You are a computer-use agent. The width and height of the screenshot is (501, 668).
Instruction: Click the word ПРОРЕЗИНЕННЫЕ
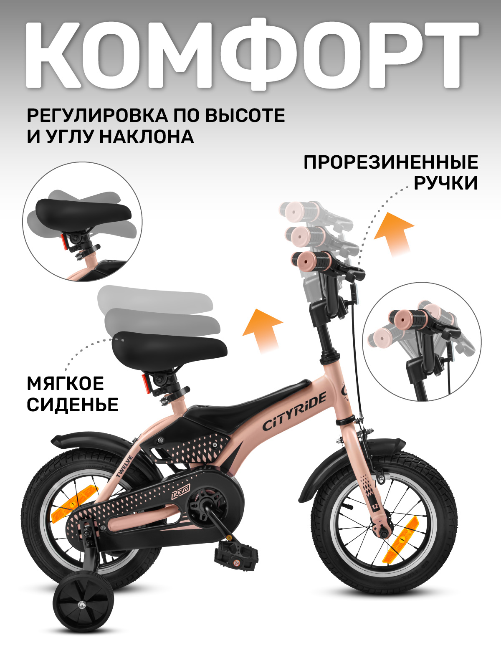click(390, 162)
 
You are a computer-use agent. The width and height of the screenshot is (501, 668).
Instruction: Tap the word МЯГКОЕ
click(66, 383)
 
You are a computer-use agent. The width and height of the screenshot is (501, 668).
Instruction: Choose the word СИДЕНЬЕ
click(73, 405)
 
